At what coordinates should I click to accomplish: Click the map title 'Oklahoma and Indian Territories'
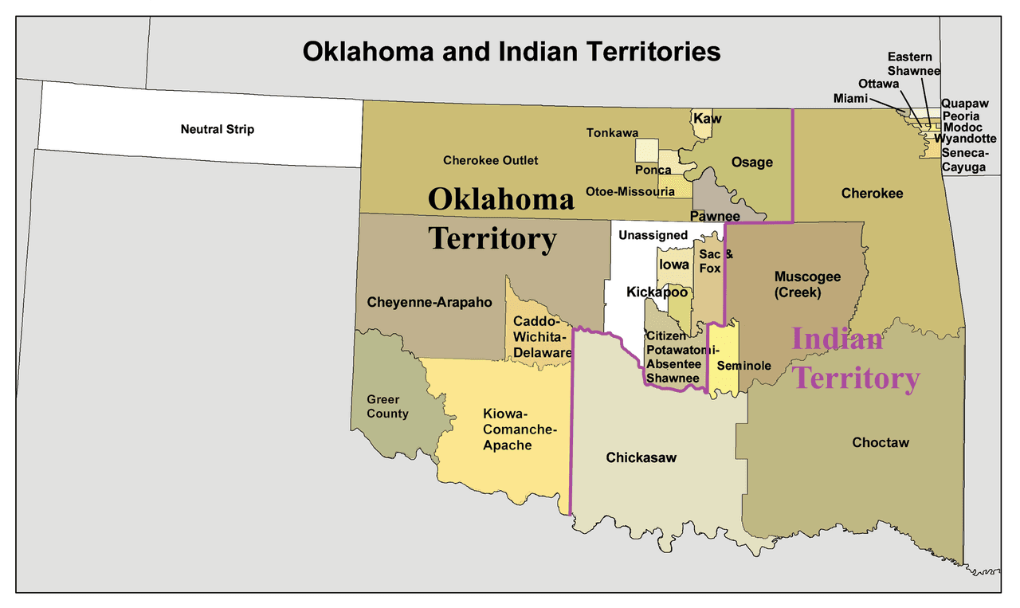point(511,52)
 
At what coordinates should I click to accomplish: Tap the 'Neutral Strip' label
point(217,129)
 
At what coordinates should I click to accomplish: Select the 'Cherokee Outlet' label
point(490,160)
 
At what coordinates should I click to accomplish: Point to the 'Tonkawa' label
point(612,133)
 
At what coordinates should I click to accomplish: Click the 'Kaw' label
point(707,119)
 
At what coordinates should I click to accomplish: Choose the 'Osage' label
point(751,163)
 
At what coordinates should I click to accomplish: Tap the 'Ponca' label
point(653,170)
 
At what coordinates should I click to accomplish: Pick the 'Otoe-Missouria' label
point(630,191)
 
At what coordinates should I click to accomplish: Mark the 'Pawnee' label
point(715,216)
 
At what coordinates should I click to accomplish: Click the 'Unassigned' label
point(653,235)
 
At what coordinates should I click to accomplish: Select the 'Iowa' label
point(674,265)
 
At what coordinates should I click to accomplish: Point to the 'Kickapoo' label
point(657,292)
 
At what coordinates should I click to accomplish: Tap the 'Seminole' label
point(743,366)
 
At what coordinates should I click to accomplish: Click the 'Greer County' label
point(387,406)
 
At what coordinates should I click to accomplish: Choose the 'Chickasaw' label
point(641,457)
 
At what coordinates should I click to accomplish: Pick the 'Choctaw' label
point(880,442)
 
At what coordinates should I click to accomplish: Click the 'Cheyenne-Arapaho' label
point(430,303)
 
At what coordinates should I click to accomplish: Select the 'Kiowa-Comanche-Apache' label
point(519,430)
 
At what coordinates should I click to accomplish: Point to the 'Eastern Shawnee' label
point(914,64)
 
